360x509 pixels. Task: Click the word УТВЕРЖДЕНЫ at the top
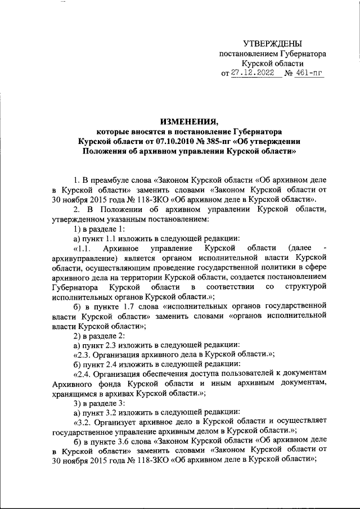pyautogui.click(x=272, y=44)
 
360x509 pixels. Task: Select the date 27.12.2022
pyautogui.click(x=255, y=74)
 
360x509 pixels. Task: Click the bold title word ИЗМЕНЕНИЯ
pyautogui.click(x=188, y=121)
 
